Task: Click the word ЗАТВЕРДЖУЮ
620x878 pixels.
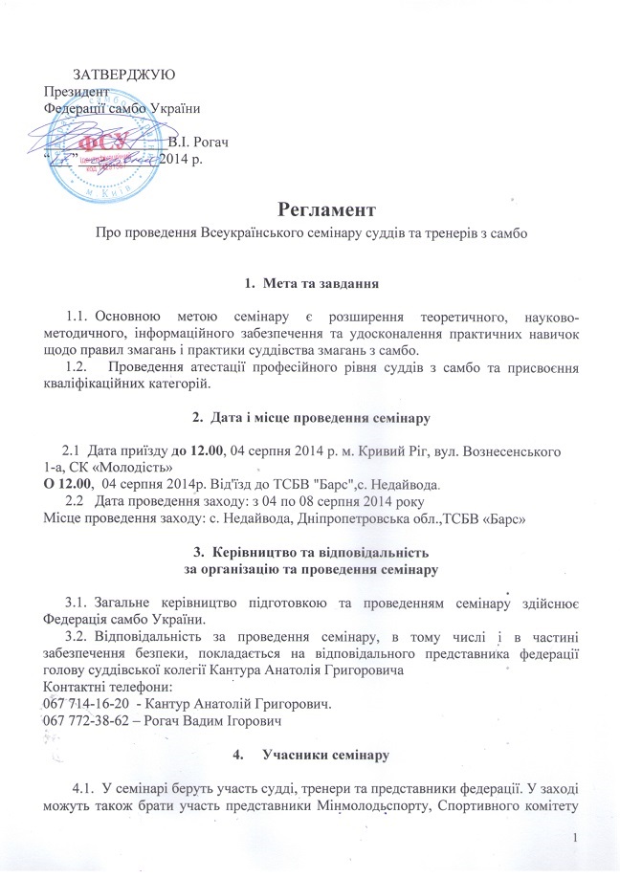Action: (x=123, y=75)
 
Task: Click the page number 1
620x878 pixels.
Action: (x=600, y=839)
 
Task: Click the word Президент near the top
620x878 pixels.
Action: (x=71, y=92)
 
